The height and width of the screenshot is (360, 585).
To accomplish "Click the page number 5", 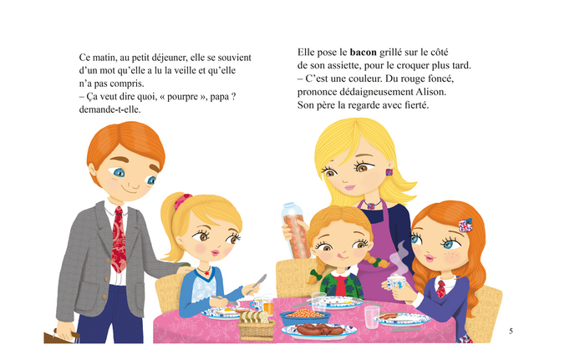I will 511,331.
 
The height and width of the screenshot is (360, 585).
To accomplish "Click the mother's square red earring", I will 389,174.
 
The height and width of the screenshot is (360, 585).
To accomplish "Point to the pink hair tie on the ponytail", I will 178,201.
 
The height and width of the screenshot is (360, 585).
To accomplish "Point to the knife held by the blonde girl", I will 260,280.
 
